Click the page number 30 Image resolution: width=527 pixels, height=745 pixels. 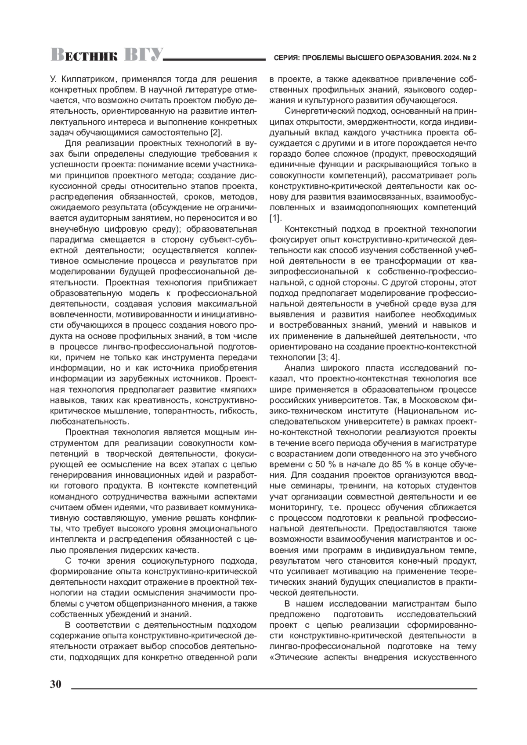[x=56, y=684]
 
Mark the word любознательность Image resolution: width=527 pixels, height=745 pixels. [x=89, y=422]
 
